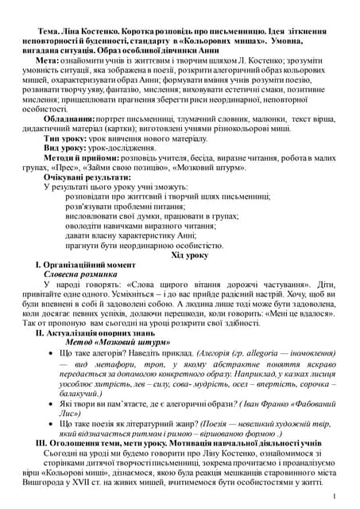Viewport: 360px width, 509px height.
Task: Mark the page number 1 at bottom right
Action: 336,495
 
